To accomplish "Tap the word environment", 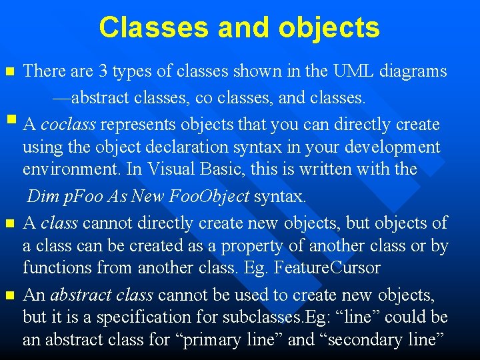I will click(71, 169).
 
